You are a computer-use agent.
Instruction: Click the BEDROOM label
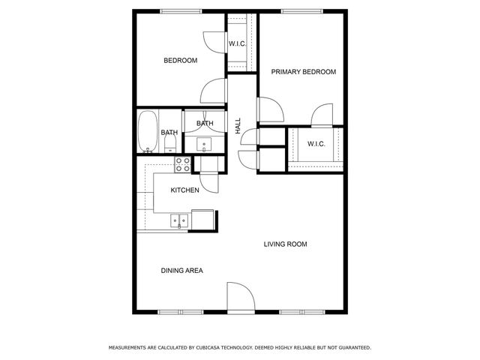(181, 61)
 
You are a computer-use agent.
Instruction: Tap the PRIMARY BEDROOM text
(303, 72)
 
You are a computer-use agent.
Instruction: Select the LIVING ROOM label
(285, 244)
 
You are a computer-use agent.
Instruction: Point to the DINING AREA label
(182, 271)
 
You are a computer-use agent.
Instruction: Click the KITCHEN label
(184, 190)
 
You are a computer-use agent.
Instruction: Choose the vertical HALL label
(238, 126)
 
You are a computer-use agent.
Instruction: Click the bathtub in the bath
(147, 132)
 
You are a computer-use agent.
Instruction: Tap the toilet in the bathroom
(169, 142)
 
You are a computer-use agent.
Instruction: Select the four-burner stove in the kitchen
(182, 163)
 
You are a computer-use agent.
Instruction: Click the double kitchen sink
(178, 220)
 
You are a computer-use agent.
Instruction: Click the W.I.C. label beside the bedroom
(237, 43)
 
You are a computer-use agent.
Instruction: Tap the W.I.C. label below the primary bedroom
(316, 144)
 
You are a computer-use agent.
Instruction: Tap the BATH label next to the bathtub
(169, 133)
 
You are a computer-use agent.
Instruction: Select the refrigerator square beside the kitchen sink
(203, 219)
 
